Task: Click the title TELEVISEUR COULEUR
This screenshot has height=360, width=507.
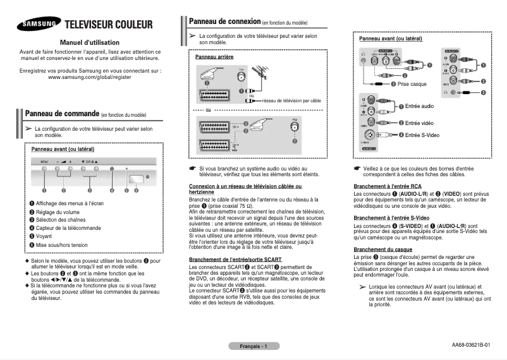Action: [x=109, y=25]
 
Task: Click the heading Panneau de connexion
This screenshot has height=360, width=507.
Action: [x=226, y=21]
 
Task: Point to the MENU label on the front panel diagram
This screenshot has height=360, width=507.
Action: [x=45, y=162]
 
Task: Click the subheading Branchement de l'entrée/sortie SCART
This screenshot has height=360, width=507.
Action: [x=235, y=260]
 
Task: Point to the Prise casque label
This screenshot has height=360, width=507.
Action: [x=412, y=84]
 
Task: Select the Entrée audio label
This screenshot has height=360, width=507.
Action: [x=419, y=106]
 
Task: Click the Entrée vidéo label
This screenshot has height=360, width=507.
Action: [x=419, y=123]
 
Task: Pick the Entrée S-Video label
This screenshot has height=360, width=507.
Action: [x=423, y=135]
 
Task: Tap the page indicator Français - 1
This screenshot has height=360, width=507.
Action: [x=253, y=346]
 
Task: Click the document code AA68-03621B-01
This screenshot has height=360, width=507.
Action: [x=471, y=345]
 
